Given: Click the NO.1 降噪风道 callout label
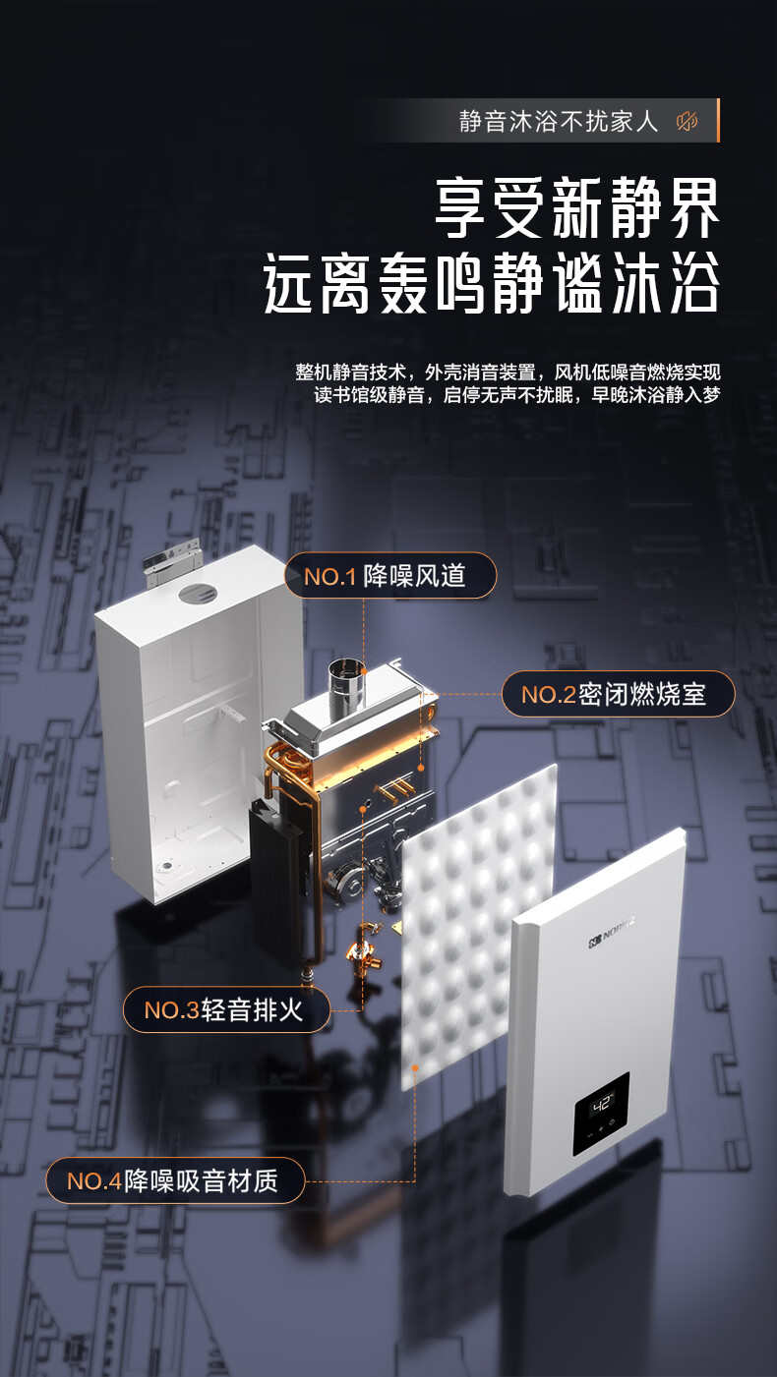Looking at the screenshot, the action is tap(390, 575).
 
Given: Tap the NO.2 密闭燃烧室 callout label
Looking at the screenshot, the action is tap(619, 694).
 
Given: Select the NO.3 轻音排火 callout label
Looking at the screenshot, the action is tap(226, 1009).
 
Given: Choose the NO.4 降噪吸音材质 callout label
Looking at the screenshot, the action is tap(175, 1180).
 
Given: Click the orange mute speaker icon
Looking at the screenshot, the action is tap(687, 121).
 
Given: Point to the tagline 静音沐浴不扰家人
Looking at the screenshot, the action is tap(559, 121).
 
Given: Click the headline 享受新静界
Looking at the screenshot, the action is tap(577, 207).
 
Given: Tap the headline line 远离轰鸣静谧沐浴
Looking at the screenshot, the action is tap(492, 284).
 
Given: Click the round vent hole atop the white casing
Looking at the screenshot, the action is tap(198, 594).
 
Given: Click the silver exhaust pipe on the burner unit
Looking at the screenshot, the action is tap(346, 687).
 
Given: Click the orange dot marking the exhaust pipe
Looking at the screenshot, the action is tap(364, 671).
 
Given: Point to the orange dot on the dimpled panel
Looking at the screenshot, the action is tap(415, 1067).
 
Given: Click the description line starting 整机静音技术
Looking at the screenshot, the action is tap(508, 372).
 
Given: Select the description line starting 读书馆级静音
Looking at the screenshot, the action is tap(516, 394).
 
